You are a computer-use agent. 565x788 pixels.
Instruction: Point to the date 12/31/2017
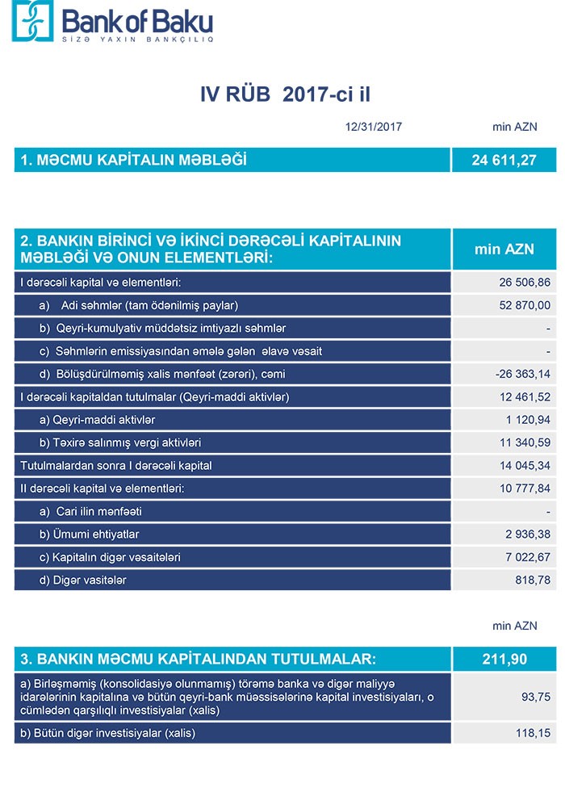373,127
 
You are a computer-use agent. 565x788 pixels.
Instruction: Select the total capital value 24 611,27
504,160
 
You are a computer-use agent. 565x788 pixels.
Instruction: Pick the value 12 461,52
525,397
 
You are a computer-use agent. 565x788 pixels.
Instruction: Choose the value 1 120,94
529,420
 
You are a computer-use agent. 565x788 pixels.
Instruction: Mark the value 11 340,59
525,442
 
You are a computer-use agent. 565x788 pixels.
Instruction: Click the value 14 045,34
525,466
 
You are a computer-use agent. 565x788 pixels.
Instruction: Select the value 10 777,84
525,488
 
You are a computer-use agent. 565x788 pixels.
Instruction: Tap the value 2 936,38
529,534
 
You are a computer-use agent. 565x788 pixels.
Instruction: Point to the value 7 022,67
529,557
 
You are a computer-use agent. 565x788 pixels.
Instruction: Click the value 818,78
534,580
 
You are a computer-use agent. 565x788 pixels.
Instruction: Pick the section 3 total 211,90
504,659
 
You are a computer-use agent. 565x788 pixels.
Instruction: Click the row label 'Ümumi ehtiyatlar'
94,534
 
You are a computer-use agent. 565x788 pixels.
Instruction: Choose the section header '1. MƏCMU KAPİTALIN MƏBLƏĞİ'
134,160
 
